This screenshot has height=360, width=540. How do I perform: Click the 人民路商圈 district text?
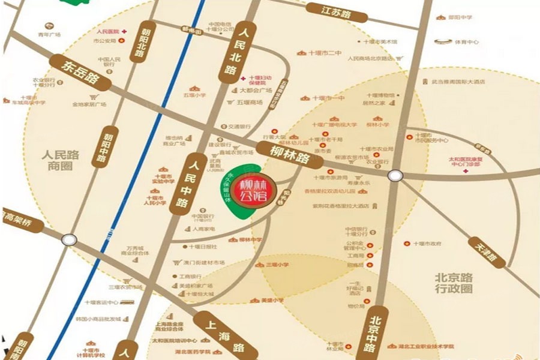tap(61, 160)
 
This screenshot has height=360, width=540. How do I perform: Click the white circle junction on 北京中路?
tap(394, 175)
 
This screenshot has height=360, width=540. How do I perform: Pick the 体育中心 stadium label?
tap(466, 43)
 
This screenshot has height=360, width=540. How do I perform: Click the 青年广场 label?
tap(47, 34)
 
